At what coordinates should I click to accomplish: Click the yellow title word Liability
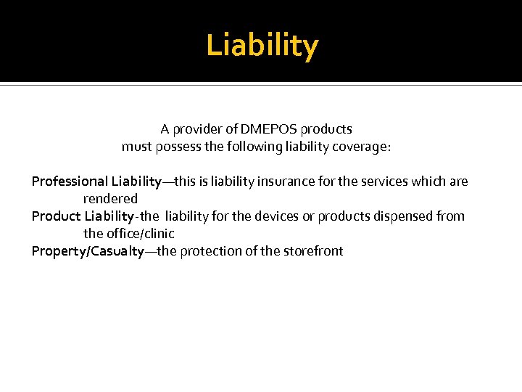coord(262,46)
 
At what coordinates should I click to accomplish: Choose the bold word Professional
coord(70,181)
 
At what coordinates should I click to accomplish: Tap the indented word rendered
coord(110,199)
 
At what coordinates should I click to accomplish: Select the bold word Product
coord(56,216)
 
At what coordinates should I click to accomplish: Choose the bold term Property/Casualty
coord(88,251)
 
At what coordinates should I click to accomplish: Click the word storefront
coord(312,251)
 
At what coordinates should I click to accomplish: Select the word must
coord(136,147)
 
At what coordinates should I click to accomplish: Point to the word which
coord(428,181)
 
